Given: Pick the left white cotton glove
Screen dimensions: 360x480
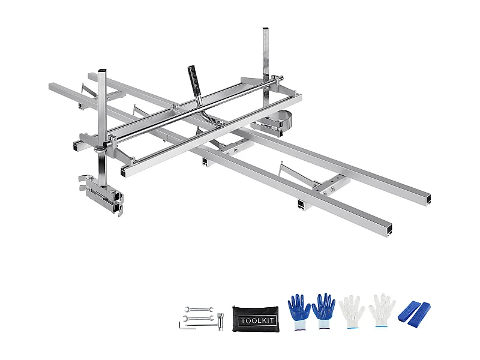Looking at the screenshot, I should pos(352,310).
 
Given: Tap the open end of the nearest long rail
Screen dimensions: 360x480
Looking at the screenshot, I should pos(390,229).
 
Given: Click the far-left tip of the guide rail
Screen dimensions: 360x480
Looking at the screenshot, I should pos(52,86).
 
